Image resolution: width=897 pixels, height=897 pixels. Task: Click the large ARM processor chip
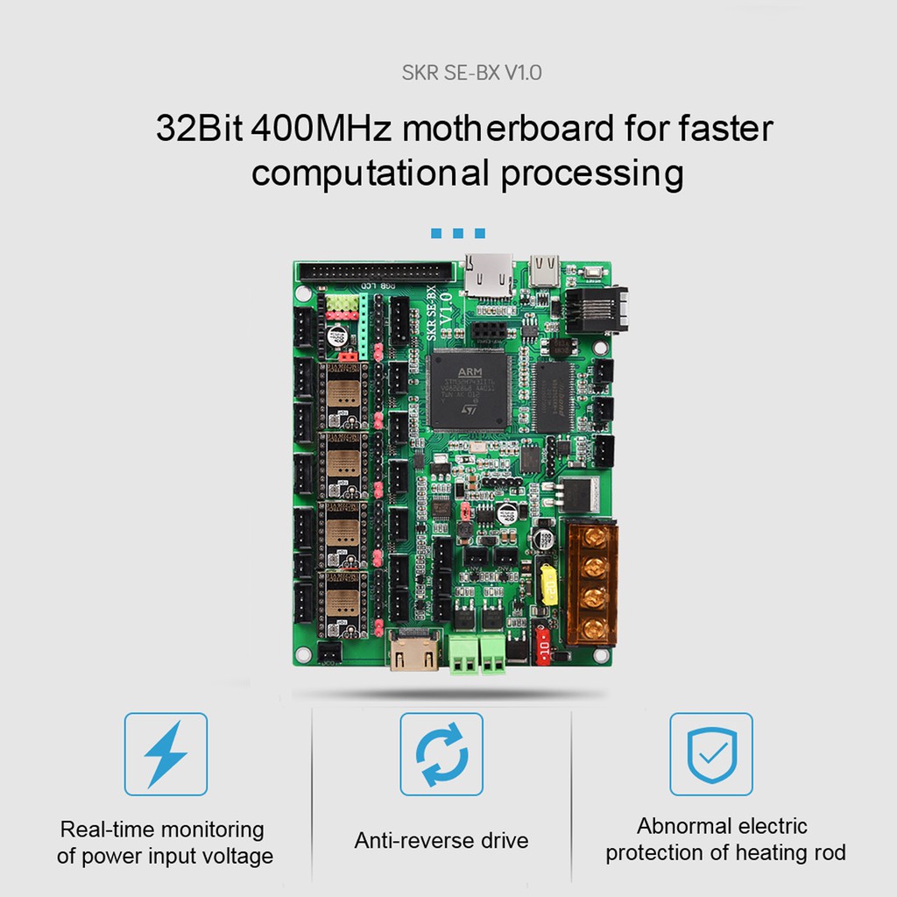[x=469, y=389]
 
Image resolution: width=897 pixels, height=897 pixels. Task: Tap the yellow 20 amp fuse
[x=550, y=585]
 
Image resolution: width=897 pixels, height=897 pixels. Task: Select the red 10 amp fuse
[x=542, y=645]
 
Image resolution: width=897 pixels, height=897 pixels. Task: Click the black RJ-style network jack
[x=596, y=310]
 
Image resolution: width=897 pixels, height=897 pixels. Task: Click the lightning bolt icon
[x=166, y=753]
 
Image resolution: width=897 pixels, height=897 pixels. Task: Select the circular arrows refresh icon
[x=441, y=753]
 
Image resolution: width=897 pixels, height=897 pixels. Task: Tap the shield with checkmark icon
[x=711, y=753]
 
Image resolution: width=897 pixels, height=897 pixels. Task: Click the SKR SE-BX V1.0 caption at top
[x=471, y=72]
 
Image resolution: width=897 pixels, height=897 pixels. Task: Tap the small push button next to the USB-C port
[x=593, y=272]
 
